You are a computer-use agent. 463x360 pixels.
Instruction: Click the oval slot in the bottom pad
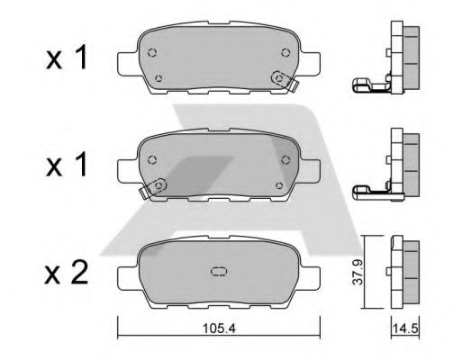[218, 271]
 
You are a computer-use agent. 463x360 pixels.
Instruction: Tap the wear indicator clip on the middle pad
[151, 187]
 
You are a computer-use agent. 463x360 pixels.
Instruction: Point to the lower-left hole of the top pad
[159, 79]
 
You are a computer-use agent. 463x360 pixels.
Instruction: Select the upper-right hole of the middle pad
[285, 159]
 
